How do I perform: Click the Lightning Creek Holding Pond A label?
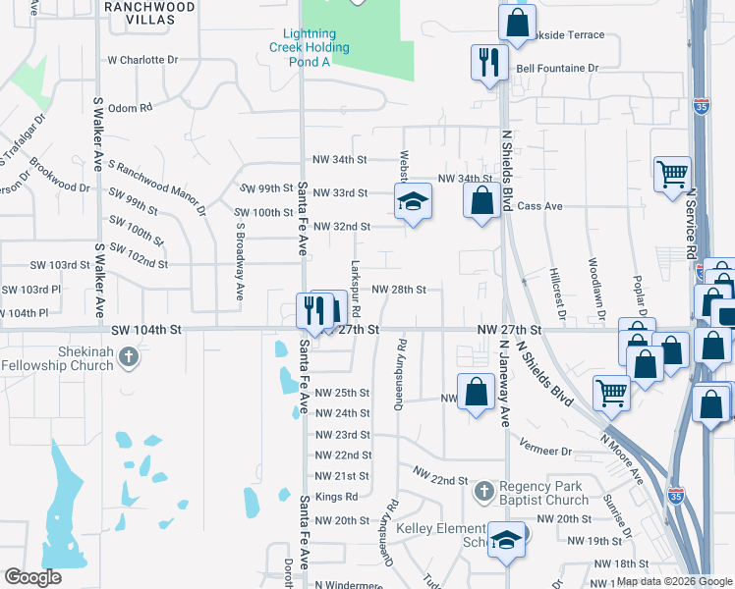[x=311, y=47]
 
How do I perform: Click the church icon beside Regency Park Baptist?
[x=483, y=490]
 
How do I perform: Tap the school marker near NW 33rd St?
[x=414, y=202]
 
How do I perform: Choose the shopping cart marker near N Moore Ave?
[x=612, y=393]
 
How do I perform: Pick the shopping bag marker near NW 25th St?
[x=476, y=393]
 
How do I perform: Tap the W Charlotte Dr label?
[x=142, y=59]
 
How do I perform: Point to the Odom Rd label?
[x=131, y=108]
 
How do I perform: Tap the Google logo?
[x=32, y=577]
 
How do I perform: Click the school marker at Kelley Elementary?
[x=507, y=541]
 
